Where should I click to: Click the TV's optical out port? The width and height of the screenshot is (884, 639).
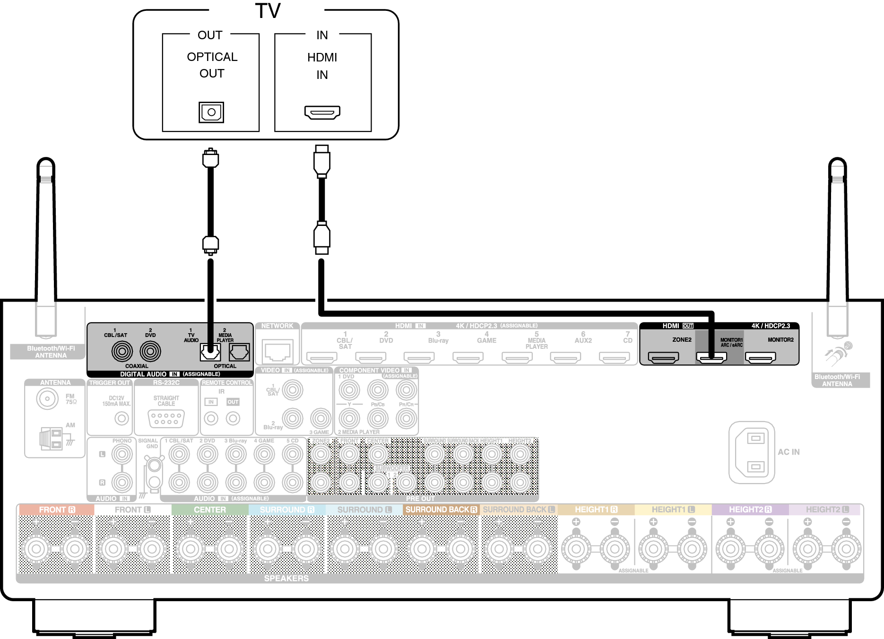211,112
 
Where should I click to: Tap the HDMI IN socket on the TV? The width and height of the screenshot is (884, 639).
322,112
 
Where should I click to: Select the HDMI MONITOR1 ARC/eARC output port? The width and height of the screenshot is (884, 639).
711,358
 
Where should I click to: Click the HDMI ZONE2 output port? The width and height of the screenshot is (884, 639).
663,358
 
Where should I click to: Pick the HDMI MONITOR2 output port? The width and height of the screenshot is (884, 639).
760,358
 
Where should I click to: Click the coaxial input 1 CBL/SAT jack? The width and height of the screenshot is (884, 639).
122,351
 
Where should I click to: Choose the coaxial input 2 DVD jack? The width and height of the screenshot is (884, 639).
150,351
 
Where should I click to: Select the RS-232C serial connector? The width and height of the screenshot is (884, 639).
166,418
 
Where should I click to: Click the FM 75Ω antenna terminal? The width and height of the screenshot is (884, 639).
47,398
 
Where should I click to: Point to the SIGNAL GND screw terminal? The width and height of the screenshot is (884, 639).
154,466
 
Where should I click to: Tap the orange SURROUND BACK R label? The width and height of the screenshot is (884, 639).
441,509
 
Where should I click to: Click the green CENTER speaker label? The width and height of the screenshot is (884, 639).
210,509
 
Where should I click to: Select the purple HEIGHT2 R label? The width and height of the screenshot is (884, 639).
750,509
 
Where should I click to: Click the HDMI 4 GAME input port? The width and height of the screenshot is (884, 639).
468,358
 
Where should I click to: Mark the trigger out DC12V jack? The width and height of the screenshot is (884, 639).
121,418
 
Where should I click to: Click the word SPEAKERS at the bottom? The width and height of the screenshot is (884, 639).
286,579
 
